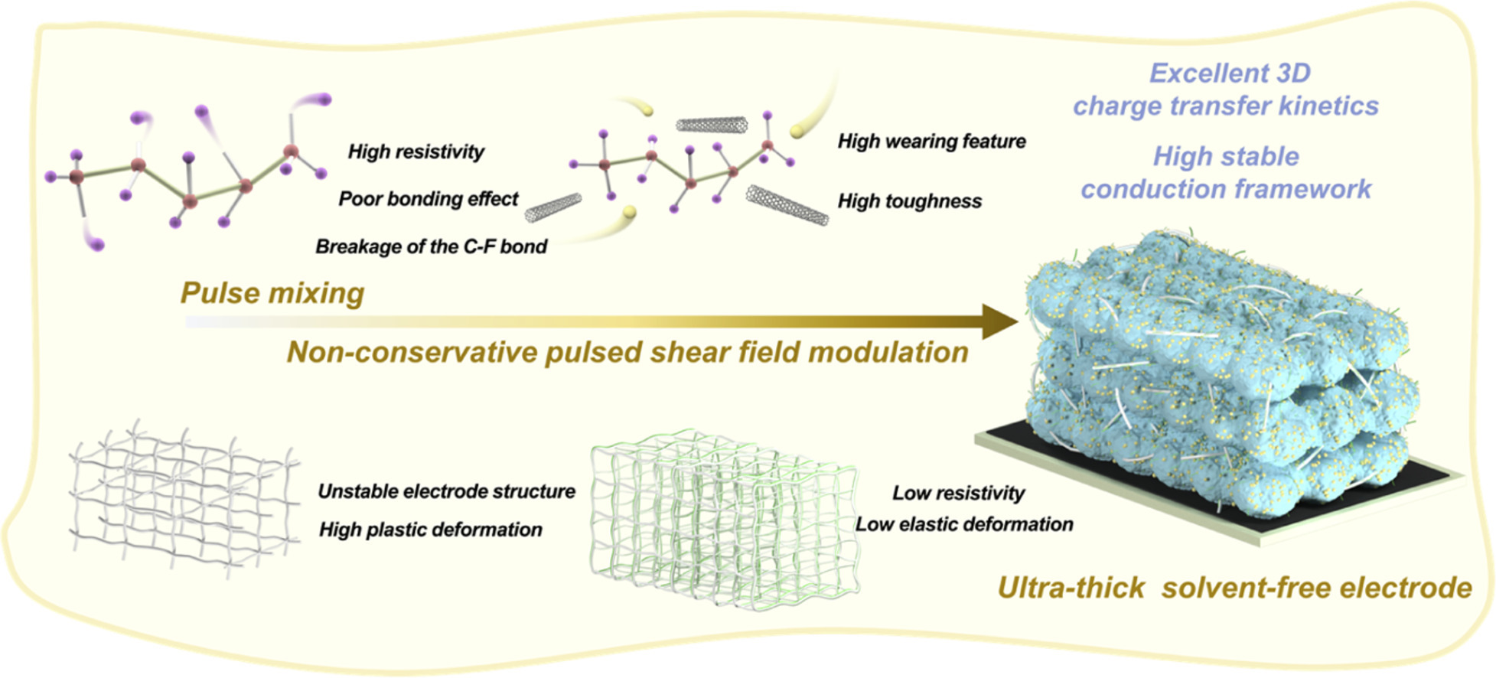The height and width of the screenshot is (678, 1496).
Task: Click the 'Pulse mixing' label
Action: click(x=272, y=293)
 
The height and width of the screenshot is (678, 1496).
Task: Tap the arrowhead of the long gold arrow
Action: click(x=999, y=321)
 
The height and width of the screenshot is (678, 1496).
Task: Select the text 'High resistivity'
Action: click(x=416, y=152)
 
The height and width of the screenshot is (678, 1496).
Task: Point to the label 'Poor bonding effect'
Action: click(x=429, y=199)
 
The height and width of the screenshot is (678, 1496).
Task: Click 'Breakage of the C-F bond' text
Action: click(x=432, y=246)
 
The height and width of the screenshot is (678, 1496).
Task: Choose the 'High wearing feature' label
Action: click(x=932, y=142)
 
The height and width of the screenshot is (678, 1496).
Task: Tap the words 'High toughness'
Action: click(x=910, y=201)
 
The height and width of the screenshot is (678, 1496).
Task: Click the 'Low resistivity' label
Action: click(x=959, y=494)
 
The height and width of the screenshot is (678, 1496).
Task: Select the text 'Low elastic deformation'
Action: click(x=964, y=524)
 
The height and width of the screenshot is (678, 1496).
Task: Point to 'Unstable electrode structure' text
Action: click(x=447, y=491)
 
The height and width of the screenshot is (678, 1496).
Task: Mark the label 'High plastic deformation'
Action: click(x=431, y=530)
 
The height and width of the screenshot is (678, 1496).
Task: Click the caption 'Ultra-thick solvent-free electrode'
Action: click(x=1235, y=588)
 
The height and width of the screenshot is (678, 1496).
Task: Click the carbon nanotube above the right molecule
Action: click(x=712, y=123)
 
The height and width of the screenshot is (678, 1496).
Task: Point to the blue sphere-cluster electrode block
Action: click(x=1221, y=367)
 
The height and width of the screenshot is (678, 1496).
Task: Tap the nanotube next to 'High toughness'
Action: click(x=787, y=205)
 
